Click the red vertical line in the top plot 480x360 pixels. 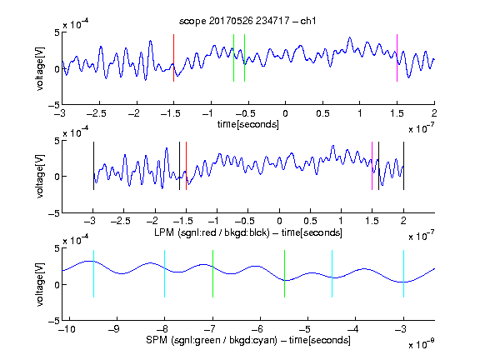tap(173, 57)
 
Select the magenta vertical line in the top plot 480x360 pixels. tap(397, 57)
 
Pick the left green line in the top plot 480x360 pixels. tap(233, 57)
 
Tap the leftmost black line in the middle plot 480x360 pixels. tap(93, 166)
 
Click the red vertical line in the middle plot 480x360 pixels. tap(186, 166)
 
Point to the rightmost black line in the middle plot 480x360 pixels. tap(403, 166)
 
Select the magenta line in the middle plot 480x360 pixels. tap(372, 166)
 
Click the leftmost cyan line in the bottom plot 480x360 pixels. tap(93, 273)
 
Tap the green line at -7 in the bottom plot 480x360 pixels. tap(212, 273)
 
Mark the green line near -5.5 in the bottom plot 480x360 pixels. tap(284, 273)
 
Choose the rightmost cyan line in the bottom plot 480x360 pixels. tap(403, 273)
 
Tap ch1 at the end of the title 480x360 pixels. tap(308, 21)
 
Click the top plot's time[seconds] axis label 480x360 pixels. tap(248, 124)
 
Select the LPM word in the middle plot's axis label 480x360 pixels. tap(164, 232)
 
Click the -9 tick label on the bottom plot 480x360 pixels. tap(114, 329)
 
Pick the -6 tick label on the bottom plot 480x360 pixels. tap(257, 329)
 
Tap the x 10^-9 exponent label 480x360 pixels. tap(422, 343)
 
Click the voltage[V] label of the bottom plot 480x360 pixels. tap(40, 284)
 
